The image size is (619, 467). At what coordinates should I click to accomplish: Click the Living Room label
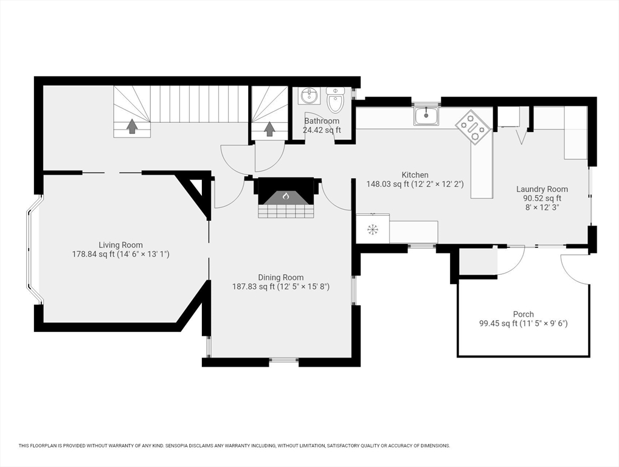tap(120, 245)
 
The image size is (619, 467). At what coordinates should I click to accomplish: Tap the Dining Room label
tap(280, 277)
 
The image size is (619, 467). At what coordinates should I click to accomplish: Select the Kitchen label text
tap(415, 175)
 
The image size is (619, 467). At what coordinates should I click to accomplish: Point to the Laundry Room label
tap(542, 189)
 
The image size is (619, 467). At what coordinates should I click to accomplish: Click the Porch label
tap(523, 314)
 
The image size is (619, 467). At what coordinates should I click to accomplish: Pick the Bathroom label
tap(322, 121)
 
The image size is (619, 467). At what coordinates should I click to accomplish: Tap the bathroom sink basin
tap(309, 95)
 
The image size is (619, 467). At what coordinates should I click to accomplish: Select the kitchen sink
tap(426, 115)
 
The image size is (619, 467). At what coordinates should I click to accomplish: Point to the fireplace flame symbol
tap(286, 196)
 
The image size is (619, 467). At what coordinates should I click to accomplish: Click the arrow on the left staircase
tap(131, 126)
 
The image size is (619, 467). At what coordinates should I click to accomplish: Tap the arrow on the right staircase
tap(269, 129)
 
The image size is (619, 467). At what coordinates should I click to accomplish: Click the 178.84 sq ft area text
tap(120, 254)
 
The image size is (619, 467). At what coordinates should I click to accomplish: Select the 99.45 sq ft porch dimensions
tap(523, 323)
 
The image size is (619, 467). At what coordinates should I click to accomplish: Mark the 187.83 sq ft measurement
tap(280, 286)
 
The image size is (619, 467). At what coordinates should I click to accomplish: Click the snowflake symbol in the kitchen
tap(372, 229)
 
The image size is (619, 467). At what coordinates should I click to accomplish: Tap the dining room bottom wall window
tap(284, 361)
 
